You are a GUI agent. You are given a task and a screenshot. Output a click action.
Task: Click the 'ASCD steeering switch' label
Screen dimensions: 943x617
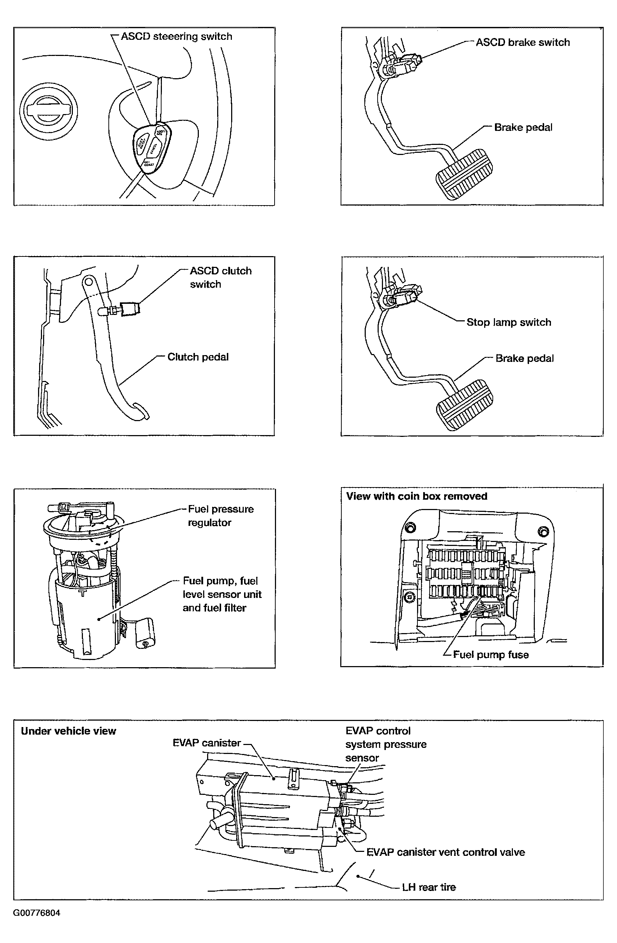coord(176,37)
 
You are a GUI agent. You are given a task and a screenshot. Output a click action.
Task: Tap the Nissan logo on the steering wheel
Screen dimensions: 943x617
coord(48,111)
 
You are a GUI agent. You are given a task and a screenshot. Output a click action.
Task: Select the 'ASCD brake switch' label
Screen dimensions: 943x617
coord(523,42)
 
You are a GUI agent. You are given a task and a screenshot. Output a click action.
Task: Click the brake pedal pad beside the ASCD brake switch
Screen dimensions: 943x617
coord(464,174)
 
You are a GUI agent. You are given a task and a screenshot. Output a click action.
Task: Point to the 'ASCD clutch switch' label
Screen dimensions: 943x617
coord(220,277)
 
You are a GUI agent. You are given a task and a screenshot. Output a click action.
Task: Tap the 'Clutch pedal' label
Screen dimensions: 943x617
coord(198,357)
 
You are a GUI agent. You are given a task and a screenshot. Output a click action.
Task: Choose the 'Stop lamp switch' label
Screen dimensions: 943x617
coord(508,322)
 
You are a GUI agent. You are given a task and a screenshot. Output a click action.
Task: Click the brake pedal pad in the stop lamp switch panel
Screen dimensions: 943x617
coord(465,405)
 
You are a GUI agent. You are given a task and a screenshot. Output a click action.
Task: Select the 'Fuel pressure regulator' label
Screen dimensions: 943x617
coord(220,515)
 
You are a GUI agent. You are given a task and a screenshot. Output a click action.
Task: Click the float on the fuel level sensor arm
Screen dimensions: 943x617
coord(145,632)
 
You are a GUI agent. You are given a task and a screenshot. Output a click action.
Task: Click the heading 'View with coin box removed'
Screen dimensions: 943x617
coord(416,496)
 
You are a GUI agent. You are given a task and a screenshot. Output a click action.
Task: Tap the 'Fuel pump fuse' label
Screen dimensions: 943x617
coord(491,655)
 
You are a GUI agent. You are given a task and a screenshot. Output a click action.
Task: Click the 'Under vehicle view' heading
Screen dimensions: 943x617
coord(68,731)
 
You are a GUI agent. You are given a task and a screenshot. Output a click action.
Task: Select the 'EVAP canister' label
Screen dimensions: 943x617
coord(207,743)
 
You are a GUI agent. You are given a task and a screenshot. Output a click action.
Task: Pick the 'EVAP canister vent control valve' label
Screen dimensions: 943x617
coord(445,852)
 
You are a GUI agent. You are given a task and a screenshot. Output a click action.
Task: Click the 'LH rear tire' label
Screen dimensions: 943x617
coord(429,887)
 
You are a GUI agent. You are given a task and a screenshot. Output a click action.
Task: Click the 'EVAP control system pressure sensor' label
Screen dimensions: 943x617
coord(385,744)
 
